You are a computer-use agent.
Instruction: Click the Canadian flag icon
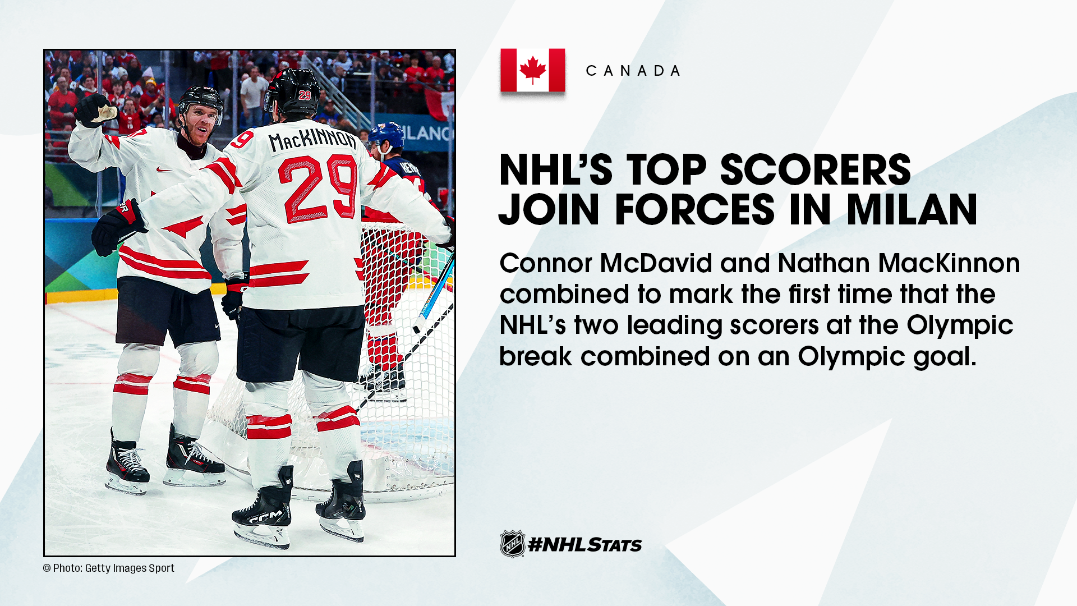(533, 70)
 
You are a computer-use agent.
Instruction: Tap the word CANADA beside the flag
(633, 71)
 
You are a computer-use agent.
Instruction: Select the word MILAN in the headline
(912, 209)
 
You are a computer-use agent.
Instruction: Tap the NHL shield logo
(513, 544)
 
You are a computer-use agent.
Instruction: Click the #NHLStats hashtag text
(585, 544)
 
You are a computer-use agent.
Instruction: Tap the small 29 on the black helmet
(305, 95)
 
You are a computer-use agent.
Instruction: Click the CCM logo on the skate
(266, 517)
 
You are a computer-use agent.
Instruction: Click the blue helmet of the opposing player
(386, 135)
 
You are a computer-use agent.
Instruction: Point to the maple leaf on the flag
(533, 70)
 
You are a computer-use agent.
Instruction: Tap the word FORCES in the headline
(694, 209)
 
